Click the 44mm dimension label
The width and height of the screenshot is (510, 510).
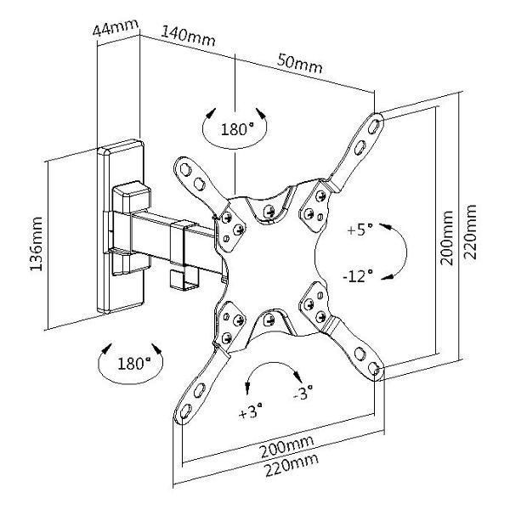coord(115,30)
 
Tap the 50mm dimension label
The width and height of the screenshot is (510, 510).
coord(299,64)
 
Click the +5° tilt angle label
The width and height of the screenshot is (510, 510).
coord(360,229)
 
